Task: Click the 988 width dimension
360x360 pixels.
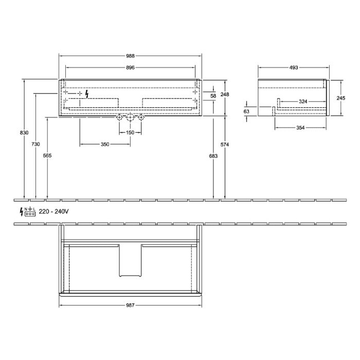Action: click(x=131, y=56)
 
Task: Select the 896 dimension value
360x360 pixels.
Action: click(x=131, y=67)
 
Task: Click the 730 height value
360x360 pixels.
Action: click(x=35, y=145)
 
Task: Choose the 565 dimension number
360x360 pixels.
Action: click(x=47, y=155)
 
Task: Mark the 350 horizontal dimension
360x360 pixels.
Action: click(x=105, y=145)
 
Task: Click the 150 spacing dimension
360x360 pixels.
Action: click(x=130, y=133)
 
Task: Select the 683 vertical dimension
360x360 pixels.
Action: click(x=213, y=155)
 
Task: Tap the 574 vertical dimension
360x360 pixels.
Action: click(x=225, y=145)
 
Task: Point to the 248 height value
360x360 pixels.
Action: click(x=225, y=94)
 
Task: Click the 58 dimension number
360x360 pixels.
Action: click(x=213, y=96)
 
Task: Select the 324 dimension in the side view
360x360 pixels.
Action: click(x=303, y=102)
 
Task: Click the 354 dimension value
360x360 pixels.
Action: click(x=301, y=128)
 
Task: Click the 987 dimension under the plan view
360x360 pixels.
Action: click(x=131, y=305)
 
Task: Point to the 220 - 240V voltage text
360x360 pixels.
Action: click(x=53, y=211)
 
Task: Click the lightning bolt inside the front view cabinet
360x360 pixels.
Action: click(x=87, y=94)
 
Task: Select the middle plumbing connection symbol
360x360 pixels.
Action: click(x=130, y=118)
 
